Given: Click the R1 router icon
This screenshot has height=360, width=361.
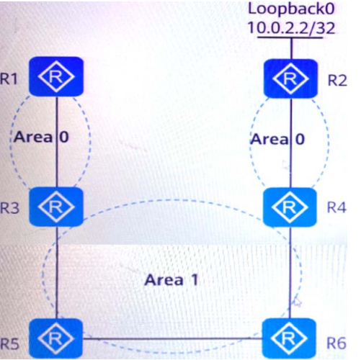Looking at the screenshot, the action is click(56, 76).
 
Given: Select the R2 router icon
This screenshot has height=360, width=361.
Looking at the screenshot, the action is click(290, 78).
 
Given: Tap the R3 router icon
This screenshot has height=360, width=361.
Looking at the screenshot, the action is click(56, 207).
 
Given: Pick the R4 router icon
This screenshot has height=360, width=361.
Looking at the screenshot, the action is click(290, 207).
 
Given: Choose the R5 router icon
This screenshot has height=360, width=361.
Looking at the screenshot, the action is click(56, 338).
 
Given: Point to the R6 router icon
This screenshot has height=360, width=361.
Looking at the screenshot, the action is click(289, 338).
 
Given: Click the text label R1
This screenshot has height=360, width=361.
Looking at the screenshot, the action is click(9, 78).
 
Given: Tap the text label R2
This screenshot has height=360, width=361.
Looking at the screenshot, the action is click(337, 81).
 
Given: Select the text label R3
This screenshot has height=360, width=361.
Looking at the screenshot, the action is click(9, 207).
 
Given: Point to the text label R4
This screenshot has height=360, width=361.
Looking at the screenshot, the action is click(337, 207).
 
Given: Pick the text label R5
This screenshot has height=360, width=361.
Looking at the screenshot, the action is click(9, 343).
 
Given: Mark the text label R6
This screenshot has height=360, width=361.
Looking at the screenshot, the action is click(337, 343).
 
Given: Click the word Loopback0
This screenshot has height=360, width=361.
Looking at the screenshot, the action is click(291, 9).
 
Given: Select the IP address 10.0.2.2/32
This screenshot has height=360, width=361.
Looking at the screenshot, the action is click(291, 28).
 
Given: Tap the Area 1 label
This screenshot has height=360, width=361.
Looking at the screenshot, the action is click(171, 280).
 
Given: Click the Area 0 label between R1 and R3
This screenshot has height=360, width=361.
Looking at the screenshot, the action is click(41, 137).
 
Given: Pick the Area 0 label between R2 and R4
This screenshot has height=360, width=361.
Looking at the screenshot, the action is click(277, 139).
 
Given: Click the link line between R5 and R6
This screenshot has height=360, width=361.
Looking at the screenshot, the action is click(172, 338).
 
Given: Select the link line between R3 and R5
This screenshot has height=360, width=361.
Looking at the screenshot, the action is click(57, 272).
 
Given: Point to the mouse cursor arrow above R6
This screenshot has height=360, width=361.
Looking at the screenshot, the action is click(298, 302).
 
